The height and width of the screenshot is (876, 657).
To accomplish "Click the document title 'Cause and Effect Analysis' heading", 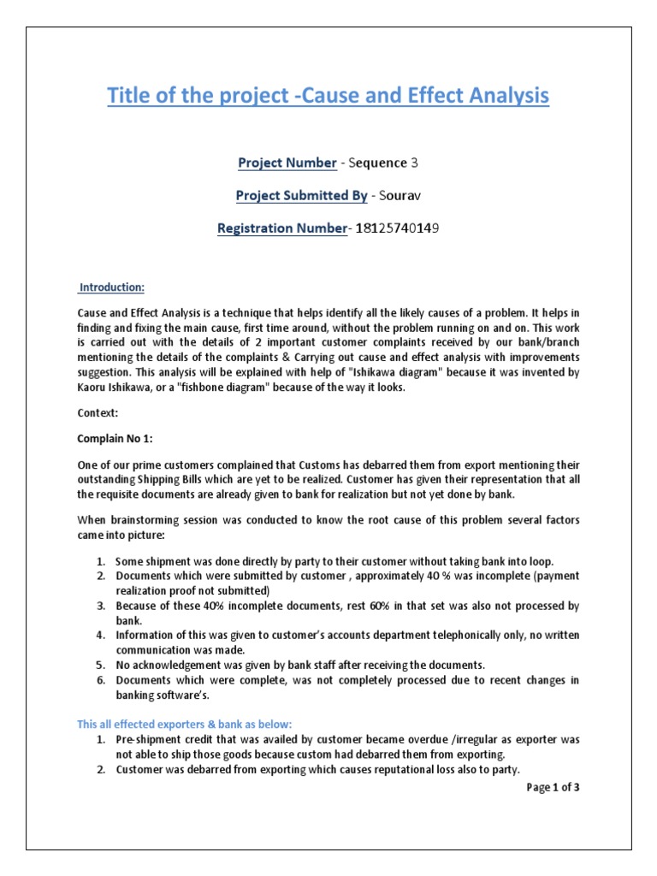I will click(328, 96).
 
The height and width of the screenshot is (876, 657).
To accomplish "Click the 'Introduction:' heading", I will click(112, 287).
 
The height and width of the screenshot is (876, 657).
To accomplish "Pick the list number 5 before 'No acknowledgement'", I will click(99, 665).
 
